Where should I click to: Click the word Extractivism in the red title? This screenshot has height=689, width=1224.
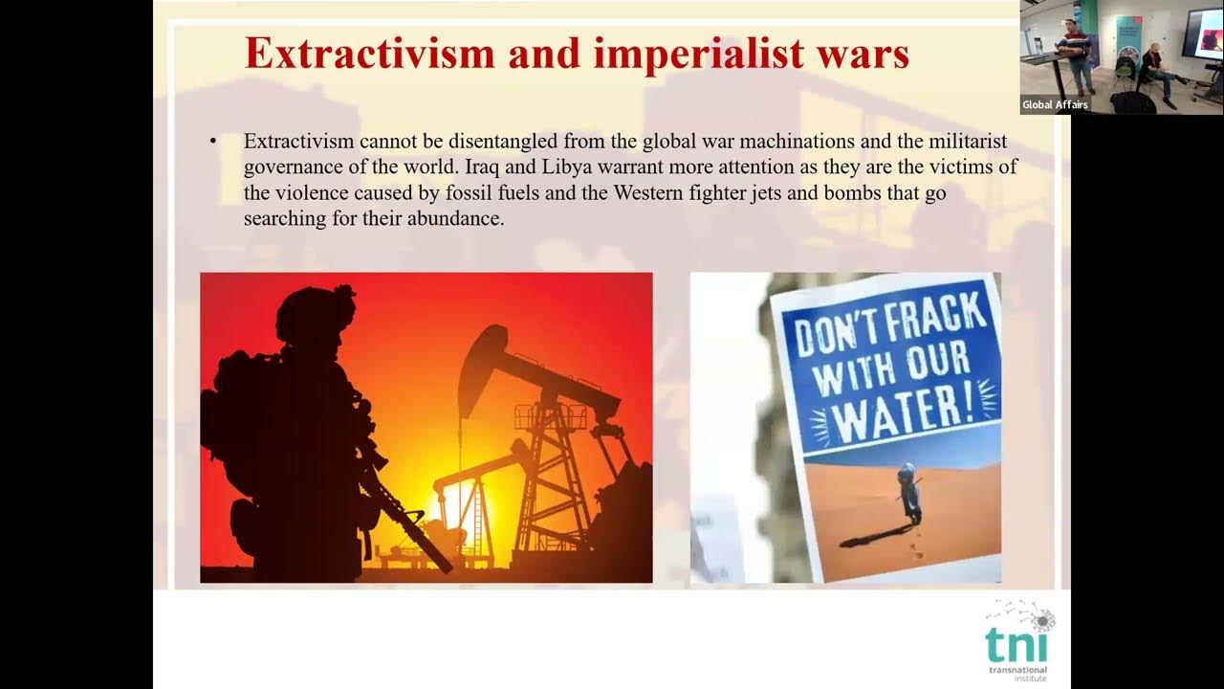click(x=369, y=54)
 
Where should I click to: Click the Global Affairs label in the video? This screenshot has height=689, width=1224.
click(x=1055, y=105)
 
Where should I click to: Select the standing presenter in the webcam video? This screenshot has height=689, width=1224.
click(x=1079, y=57)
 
